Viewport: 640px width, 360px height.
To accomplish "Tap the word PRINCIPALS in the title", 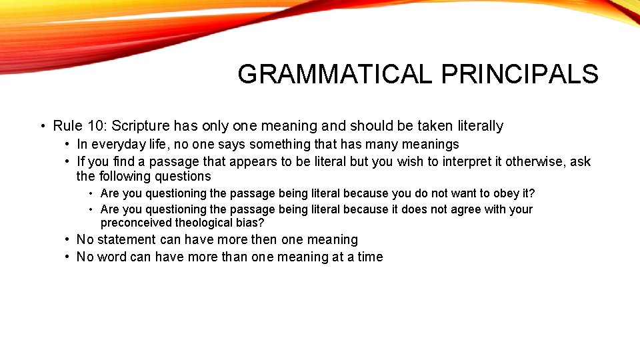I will pos(519,74).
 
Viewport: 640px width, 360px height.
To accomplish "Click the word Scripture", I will pos(141,125).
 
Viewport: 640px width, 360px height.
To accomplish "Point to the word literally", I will pos(478,125).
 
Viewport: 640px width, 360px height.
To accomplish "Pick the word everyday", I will pos(117,144).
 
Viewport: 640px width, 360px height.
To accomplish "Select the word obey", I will pos(509,193).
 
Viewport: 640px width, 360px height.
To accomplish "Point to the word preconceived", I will pos(136,223).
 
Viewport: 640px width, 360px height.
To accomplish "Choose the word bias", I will pos(251,223).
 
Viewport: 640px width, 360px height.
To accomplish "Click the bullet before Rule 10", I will pos(42,126).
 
